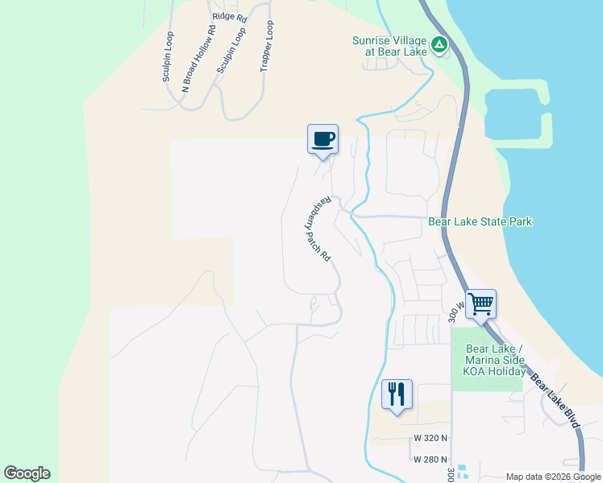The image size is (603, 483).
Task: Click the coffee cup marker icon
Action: tap(322, 139)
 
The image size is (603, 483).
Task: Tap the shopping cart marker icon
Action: tap(480, 304)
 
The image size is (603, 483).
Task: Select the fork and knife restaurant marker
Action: tap(397, 394)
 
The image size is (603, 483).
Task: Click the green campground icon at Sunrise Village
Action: tap(439, 45)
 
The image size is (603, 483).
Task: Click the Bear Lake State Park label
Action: tap(480, 221)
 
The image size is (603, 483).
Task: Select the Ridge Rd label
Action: tap(229, 15)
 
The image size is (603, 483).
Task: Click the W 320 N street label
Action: tap(430, 438)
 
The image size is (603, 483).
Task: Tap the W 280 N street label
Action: tap(430, 460)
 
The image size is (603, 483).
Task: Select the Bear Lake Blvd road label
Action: tap(556, 394)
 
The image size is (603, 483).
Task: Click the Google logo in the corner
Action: tap(27, 473)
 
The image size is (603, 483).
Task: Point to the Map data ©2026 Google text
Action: tap(553, 477)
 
